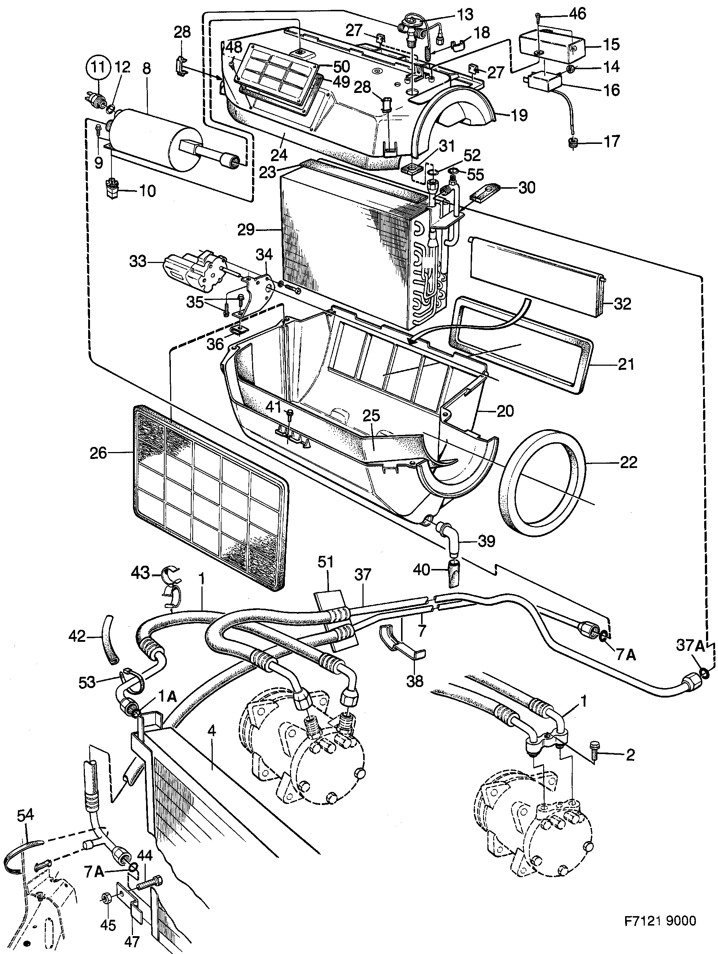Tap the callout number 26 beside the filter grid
98,453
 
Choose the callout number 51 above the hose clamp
326,562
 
